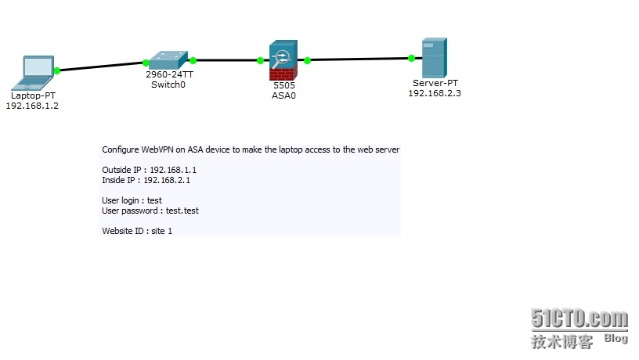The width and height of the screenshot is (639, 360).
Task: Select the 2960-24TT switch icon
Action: (x=169, y=59)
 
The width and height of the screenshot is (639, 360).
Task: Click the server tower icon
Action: (x=433, y=58)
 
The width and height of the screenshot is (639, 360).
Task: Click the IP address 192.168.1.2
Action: (x=32, y=105)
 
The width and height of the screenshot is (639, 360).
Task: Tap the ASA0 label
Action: (x=284, y=95)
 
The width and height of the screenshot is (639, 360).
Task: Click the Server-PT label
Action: (x=436, y=82)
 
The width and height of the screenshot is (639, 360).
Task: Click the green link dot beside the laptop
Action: (x=57, y=70)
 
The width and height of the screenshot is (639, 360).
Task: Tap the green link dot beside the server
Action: (x=411, y=58)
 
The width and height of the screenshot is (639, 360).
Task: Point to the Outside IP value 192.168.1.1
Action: (x=175, y=170)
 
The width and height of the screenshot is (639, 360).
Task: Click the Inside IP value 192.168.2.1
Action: (x=168, y=180)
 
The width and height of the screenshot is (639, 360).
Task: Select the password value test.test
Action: (x=188, y=211)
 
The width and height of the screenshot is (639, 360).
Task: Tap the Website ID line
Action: (x=137, y=231)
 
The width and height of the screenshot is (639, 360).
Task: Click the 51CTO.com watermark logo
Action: (x=579, y=319)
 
